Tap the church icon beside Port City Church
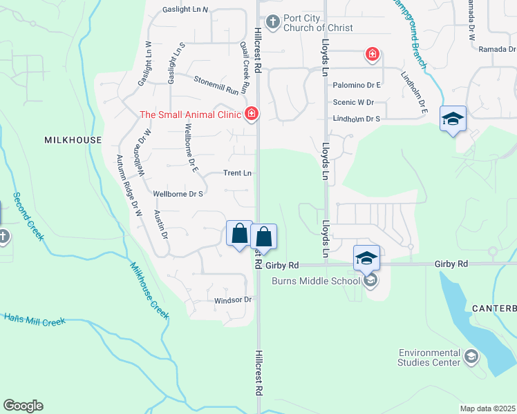point(272,22)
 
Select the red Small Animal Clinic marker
point(252,112)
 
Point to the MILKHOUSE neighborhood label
point(73,140)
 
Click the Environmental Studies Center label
point(429,357)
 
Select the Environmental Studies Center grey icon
point(471,356)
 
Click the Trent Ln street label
point(237,173)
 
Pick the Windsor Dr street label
point(232,300)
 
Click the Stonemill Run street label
point(220,85)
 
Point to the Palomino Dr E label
point(357,85)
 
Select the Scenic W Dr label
point(353,102)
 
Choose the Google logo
point(23,406)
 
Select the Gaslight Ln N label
point(185,10)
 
